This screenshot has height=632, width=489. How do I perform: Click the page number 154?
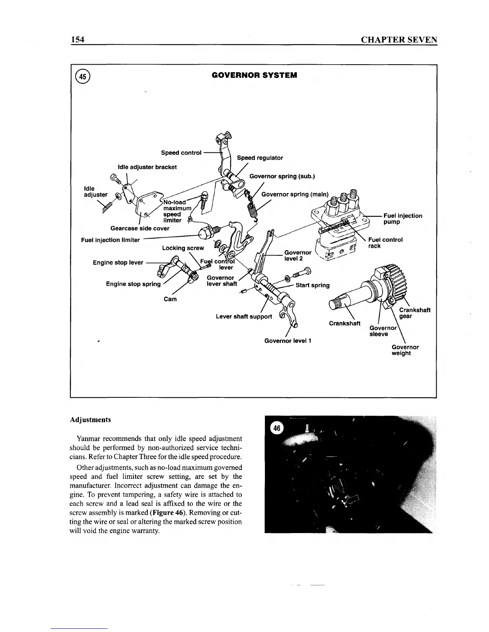click(77, 40)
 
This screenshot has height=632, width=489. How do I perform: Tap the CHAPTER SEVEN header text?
click(398, 40)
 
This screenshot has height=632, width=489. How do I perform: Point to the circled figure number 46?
click(277, 428)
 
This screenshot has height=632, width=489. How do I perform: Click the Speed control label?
click(181, 153)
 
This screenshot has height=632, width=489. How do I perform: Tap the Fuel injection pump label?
click(402, 219)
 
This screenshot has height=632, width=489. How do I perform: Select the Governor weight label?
click(405, 350)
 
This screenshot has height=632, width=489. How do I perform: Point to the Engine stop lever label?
click(118, 263)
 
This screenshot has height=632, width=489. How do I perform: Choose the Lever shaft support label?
click(244, 316)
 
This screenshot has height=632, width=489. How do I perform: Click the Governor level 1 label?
click(288, 341)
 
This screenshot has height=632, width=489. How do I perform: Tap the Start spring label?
click(312, 285)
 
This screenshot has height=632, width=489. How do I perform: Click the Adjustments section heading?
click(90, 420)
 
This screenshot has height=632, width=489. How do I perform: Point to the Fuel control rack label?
click(385, 243)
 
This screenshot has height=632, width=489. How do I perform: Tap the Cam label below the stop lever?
click(170, 299)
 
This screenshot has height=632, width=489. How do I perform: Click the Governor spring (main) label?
click(294, 195)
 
